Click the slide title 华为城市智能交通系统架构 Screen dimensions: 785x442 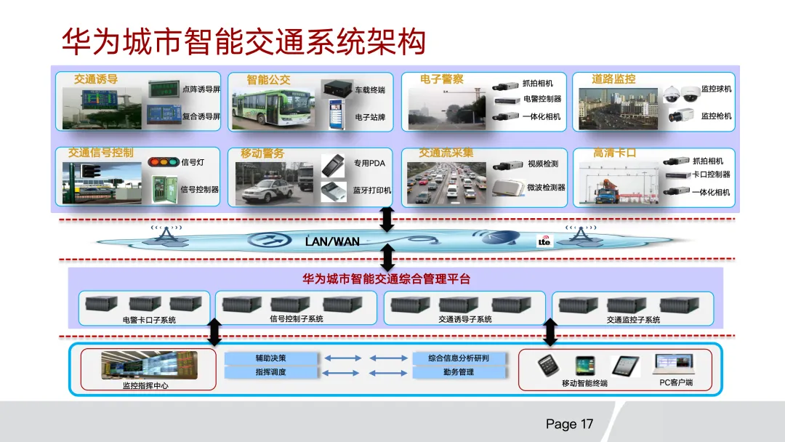(243, 43)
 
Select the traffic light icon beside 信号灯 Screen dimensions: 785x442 (163, 162)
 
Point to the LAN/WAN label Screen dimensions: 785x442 (332, 241)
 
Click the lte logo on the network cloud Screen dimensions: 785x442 (544, 241)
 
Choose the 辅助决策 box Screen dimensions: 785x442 (271, 358)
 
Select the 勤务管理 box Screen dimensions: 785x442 (458, 372)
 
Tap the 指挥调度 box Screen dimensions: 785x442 (271, 372)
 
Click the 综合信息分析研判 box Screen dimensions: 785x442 (458, 358)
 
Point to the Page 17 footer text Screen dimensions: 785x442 (569, 424)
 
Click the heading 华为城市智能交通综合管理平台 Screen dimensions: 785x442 (386, 278)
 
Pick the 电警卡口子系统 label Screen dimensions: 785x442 (149, 320)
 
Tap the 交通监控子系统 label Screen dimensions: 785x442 (633, 320)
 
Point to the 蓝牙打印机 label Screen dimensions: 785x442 (372, 190)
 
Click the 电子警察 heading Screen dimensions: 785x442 (441, 79)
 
